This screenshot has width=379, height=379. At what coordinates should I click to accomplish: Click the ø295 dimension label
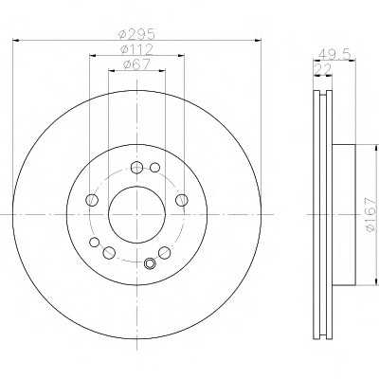click(x=136, y=34)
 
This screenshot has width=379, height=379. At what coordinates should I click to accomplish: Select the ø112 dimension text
click(x=136, y=49)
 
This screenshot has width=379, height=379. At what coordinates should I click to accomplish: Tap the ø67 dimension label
click(x=136, y=63)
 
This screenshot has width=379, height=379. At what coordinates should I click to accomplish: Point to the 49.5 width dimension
click(x=334, y=54)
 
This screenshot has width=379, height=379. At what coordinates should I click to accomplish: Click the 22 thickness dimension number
click(x=322, y=68)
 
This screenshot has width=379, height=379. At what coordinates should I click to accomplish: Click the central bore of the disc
click(x=136, y=215)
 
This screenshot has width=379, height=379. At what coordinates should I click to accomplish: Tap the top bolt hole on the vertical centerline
click(x=136, y=168)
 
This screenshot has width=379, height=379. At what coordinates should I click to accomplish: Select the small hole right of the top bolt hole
click(x=154, y=168)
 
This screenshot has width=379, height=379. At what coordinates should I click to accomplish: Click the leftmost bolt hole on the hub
click(x=92, y=200)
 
